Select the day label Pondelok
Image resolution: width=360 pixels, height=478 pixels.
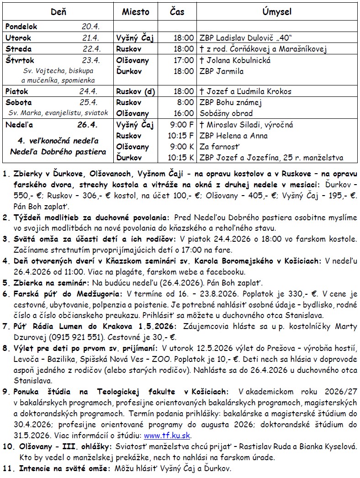coord(21,27)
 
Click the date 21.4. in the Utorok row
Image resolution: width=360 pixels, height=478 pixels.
coord(91,38)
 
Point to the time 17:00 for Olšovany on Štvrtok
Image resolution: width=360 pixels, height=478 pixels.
coord(184,60)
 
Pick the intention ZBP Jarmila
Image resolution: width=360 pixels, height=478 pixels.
coord(222,71)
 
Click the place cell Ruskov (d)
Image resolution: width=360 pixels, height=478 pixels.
coord(136,91)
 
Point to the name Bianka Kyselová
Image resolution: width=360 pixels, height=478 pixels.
coord(324,446)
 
